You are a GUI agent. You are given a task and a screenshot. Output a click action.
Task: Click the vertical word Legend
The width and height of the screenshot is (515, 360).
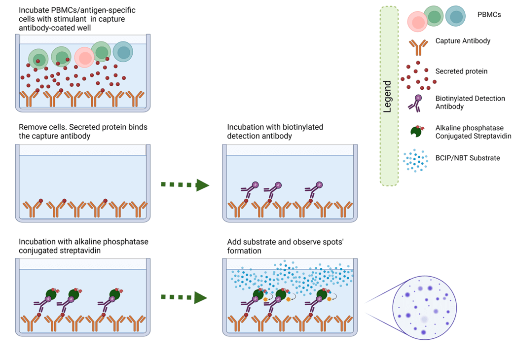tap(387, 96)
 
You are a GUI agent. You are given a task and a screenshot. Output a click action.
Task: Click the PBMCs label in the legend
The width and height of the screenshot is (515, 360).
tap(489, 15)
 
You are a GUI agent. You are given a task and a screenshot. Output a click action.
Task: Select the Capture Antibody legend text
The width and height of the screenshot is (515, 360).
tap(463, 41)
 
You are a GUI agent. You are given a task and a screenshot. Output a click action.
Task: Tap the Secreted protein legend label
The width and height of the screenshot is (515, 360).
tap(461, 72)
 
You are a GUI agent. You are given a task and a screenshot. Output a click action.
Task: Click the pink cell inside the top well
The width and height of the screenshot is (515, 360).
tap(84, 57)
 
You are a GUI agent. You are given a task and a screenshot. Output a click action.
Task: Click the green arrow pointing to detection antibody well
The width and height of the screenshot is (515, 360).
tap(185, 185)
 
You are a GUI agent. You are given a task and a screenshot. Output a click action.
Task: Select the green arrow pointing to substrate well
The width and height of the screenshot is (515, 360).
tap(185, 297)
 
